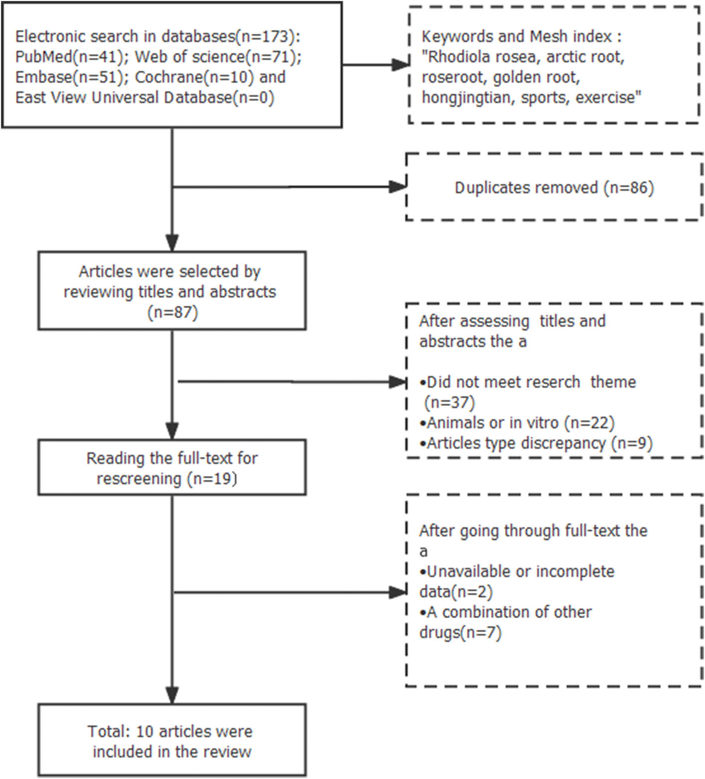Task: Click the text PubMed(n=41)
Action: (69, 57)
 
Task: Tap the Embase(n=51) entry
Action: (69, 77)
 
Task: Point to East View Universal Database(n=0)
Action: (144, 97)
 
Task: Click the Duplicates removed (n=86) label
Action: (554, 188)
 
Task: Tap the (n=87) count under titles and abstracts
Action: (173, 312)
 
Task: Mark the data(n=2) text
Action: (456, 592)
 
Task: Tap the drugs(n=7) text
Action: (460, 633)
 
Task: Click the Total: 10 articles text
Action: (170, 731)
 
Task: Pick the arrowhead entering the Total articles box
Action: (172, 695)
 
